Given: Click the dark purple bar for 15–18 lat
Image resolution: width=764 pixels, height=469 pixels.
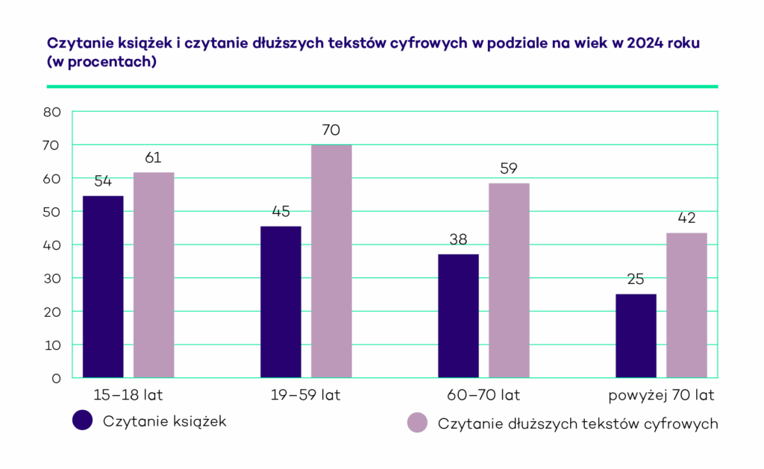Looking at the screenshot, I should (x=103, y=286).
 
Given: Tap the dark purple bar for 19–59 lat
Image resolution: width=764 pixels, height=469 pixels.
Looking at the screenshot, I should (x=281, y=301).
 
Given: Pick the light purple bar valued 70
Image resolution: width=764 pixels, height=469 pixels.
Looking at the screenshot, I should (x=331, y=261).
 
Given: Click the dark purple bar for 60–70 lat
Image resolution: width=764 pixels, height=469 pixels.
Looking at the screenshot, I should (x=458, y=315).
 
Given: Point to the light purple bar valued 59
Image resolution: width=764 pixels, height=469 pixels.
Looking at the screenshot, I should (x=509, y=280).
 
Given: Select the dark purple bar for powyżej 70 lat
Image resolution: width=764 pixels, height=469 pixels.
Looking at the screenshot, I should (x=636, y=336).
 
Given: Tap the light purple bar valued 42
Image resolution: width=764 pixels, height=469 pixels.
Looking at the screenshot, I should (x=686, y=305).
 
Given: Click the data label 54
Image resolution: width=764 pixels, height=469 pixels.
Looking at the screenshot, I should (x=103, y=182).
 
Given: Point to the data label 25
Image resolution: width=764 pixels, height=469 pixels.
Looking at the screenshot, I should (x=636, y=280).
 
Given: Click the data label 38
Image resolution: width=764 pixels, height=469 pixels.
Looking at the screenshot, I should (x=458, y=240).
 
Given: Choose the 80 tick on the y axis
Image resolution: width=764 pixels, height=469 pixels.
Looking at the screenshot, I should (x=51, y=113).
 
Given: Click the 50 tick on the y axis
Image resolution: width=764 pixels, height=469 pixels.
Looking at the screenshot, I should (x=51, y=212).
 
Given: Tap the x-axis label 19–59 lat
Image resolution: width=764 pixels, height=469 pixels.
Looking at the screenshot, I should (x=305, y=395).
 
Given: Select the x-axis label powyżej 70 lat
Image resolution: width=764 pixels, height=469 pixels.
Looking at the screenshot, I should (x=661, y=395).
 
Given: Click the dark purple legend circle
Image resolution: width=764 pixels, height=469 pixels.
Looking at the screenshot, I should (x=82, y=421).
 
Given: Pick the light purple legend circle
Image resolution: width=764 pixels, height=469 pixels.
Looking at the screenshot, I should (x=416, y=423).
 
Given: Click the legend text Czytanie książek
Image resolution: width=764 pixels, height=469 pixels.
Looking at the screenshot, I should (x=165, y=421).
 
